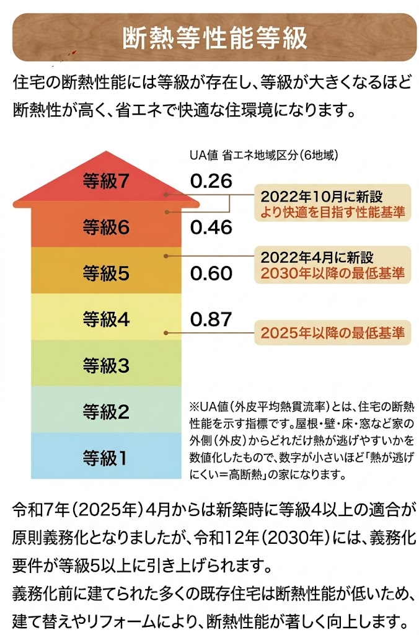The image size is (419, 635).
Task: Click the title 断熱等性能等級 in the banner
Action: [x=215, y=38]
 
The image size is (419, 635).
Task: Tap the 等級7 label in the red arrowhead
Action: [x=105, y=181]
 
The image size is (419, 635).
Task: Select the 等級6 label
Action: [x=105, y=228]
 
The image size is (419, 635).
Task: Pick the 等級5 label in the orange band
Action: [x=105, y=273]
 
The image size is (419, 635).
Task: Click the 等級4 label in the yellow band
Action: [x=105, y=319]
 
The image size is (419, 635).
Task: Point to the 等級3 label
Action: [x=105, y=366]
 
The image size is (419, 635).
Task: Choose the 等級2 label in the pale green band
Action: [x=105, y=411]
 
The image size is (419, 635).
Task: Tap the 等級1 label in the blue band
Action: [x=105, y=458]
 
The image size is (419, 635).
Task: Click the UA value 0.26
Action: [x=211, y=181]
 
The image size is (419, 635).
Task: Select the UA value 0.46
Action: [x=211, y=228]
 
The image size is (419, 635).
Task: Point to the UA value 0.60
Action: [x=211, y=273]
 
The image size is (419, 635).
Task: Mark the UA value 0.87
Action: [x=211, y=319]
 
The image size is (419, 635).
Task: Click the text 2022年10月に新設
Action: [x=322, y=197]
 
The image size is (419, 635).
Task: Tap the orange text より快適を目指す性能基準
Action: [x=332, y=212]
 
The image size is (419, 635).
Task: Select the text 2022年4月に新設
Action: [x=317, y=257]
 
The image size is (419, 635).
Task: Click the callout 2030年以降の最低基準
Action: [x=332, y=273]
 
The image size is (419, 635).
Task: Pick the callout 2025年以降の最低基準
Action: [x=332, y=333]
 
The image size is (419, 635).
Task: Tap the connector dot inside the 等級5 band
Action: [x=165, y=255]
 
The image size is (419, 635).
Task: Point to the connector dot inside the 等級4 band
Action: [x=165, y=334]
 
